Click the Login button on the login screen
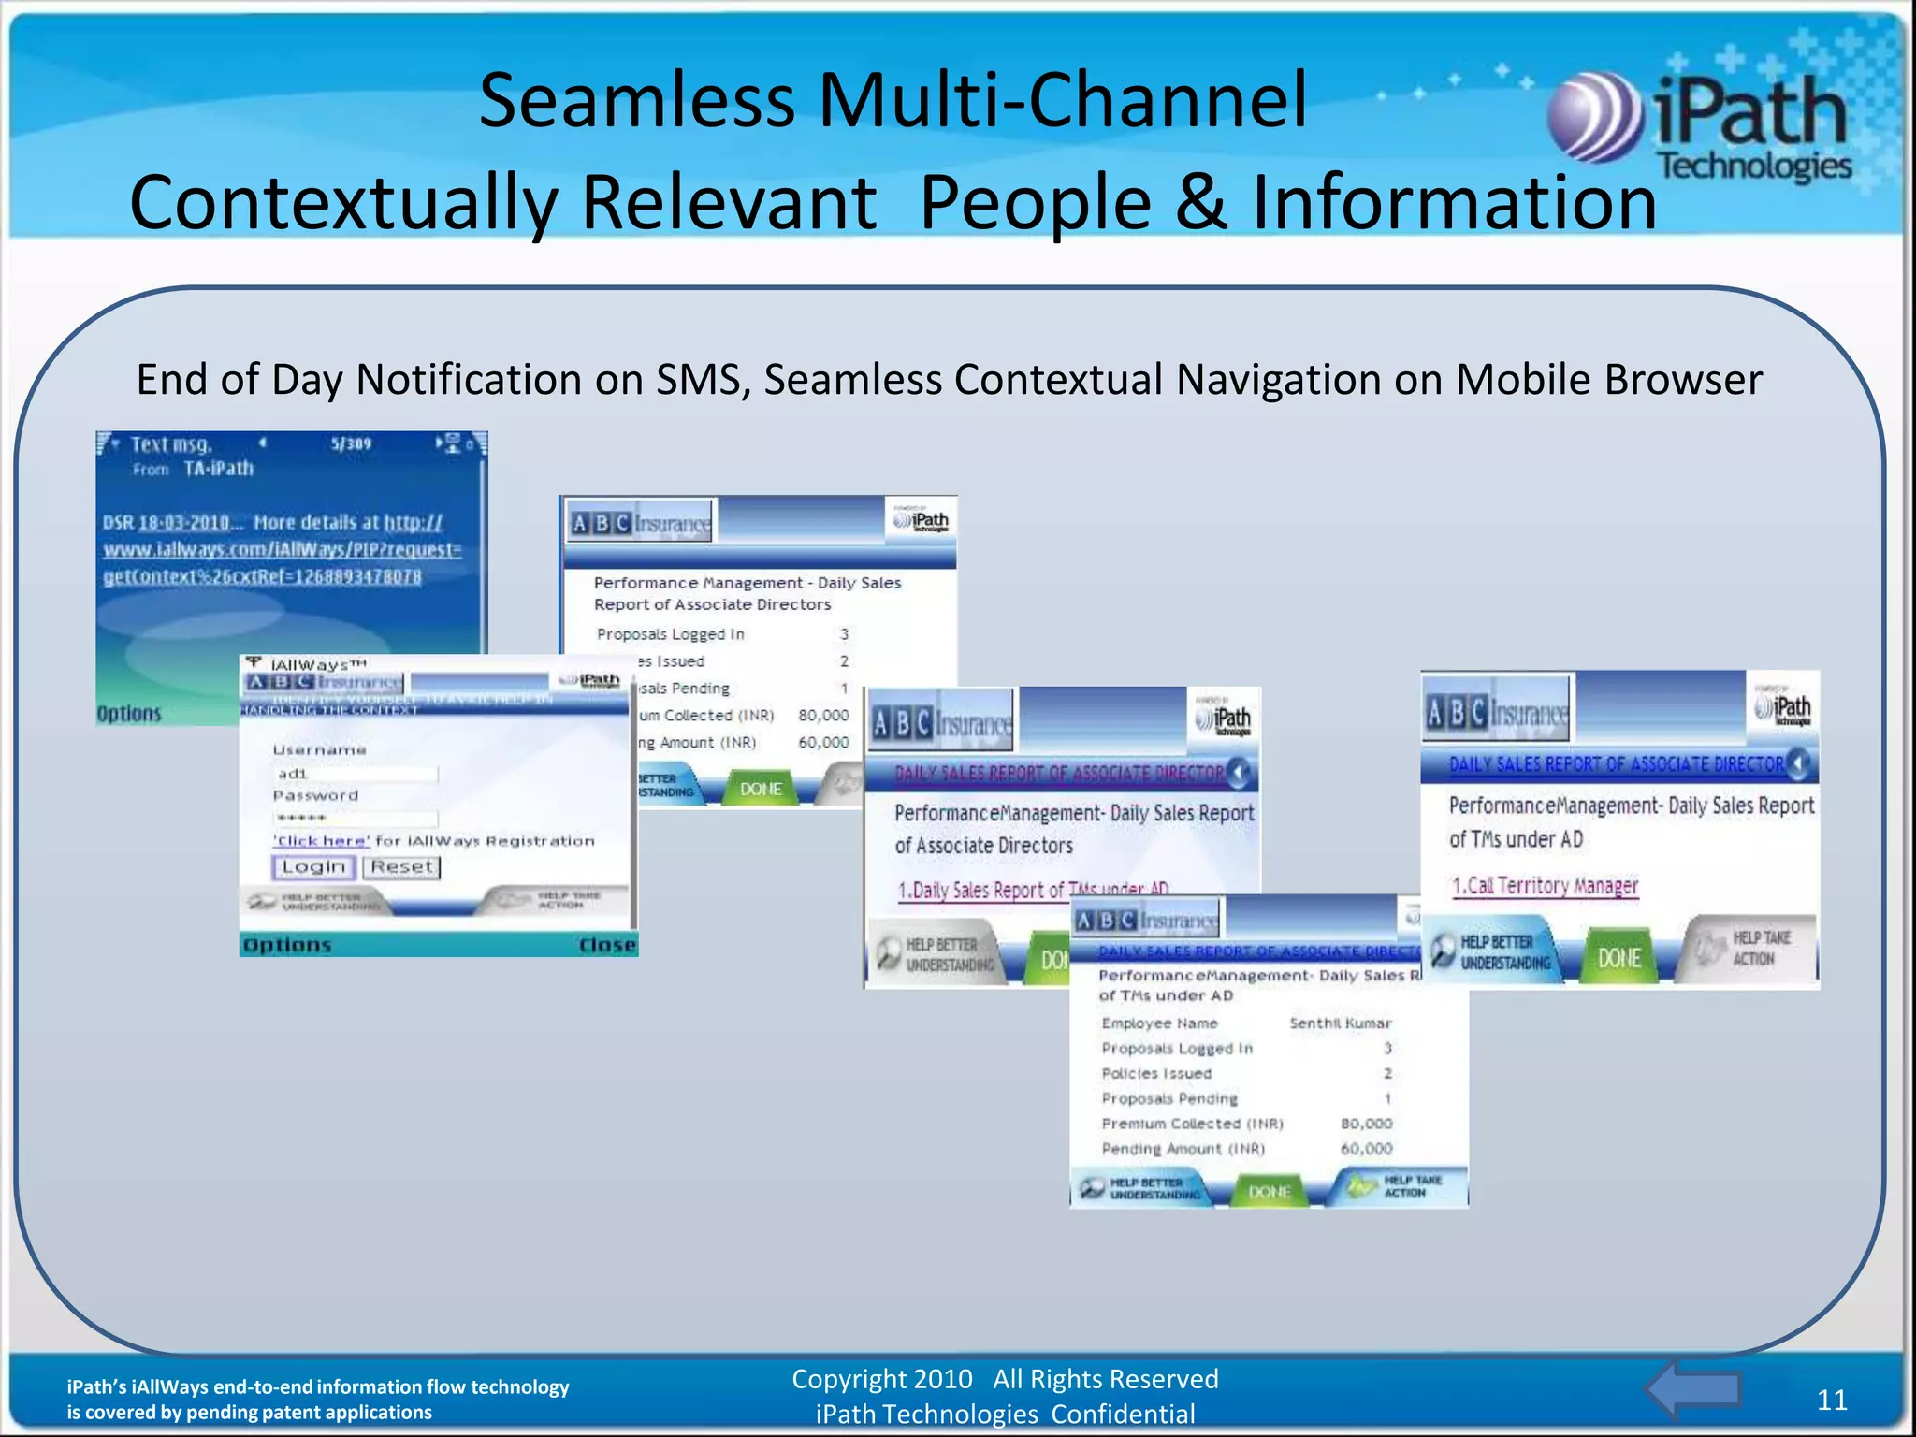tap(314, 867)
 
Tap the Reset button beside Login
tap(401, 867)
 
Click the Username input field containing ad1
tap(356, 774)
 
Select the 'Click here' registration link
tap(322, 841)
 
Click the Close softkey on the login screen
tap(606, 945)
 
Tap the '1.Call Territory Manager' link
tap(1545, 885)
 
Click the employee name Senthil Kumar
tap(1340, 1023)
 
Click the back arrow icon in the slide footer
tap(1691, 1390)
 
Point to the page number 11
tap(1832, 1400)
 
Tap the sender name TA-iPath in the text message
tap(218, 469)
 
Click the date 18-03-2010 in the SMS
tap(184, 522)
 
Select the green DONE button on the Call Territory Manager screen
tap(1618, 958)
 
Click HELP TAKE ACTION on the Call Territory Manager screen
tap(1751, 949)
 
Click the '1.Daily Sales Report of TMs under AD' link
tap(1033, 889)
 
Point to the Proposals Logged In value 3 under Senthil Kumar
tap(1387, 1049)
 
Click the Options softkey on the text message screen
tap(129, 714)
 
